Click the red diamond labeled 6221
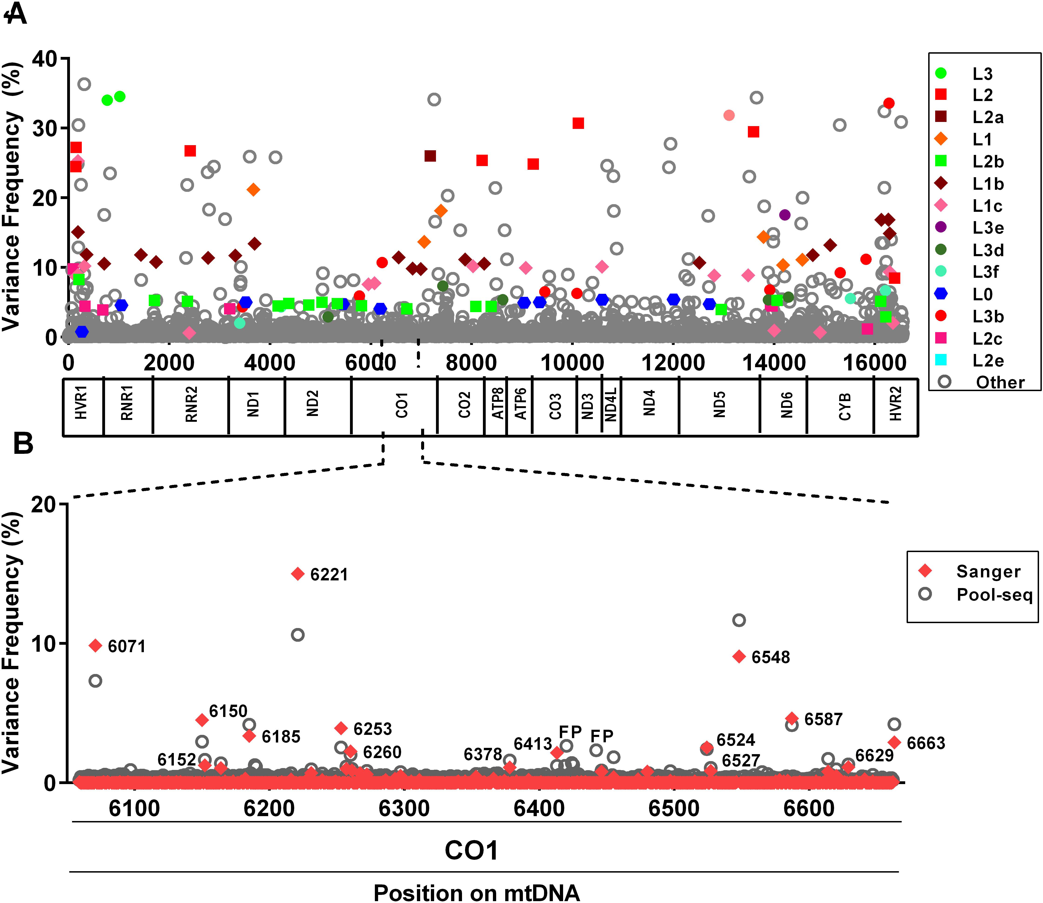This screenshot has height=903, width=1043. (x=298, y=574)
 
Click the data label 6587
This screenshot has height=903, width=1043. (x=823, y=719)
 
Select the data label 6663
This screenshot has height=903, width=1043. (x=926, y=743)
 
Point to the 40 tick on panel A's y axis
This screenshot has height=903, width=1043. (x=44, y=59)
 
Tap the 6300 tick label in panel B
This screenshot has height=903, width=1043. (x=404, y=808)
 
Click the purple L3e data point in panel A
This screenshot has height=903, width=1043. (x=784, y=215)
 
